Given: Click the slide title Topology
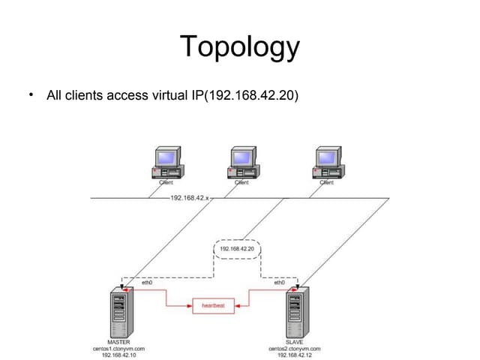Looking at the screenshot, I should click(240, 47).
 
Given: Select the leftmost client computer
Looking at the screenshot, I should click(166, 163).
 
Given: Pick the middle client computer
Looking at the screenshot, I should click(242, 163).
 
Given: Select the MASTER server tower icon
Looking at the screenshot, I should click(119, 312).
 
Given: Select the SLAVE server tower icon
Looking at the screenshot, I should click(295, 312).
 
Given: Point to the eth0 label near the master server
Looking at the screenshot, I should click(147, 283).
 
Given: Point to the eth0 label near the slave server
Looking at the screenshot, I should click(279, 283).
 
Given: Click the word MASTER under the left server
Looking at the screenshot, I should click(119, 342).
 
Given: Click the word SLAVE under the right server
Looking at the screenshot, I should click(295, 342).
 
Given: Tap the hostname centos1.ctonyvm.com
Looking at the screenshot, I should click(119, 349).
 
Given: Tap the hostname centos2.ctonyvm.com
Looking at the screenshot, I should click(295, 349).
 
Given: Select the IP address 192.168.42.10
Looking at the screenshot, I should click(119, 355).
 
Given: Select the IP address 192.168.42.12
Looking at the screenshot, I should click(295, 355).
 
